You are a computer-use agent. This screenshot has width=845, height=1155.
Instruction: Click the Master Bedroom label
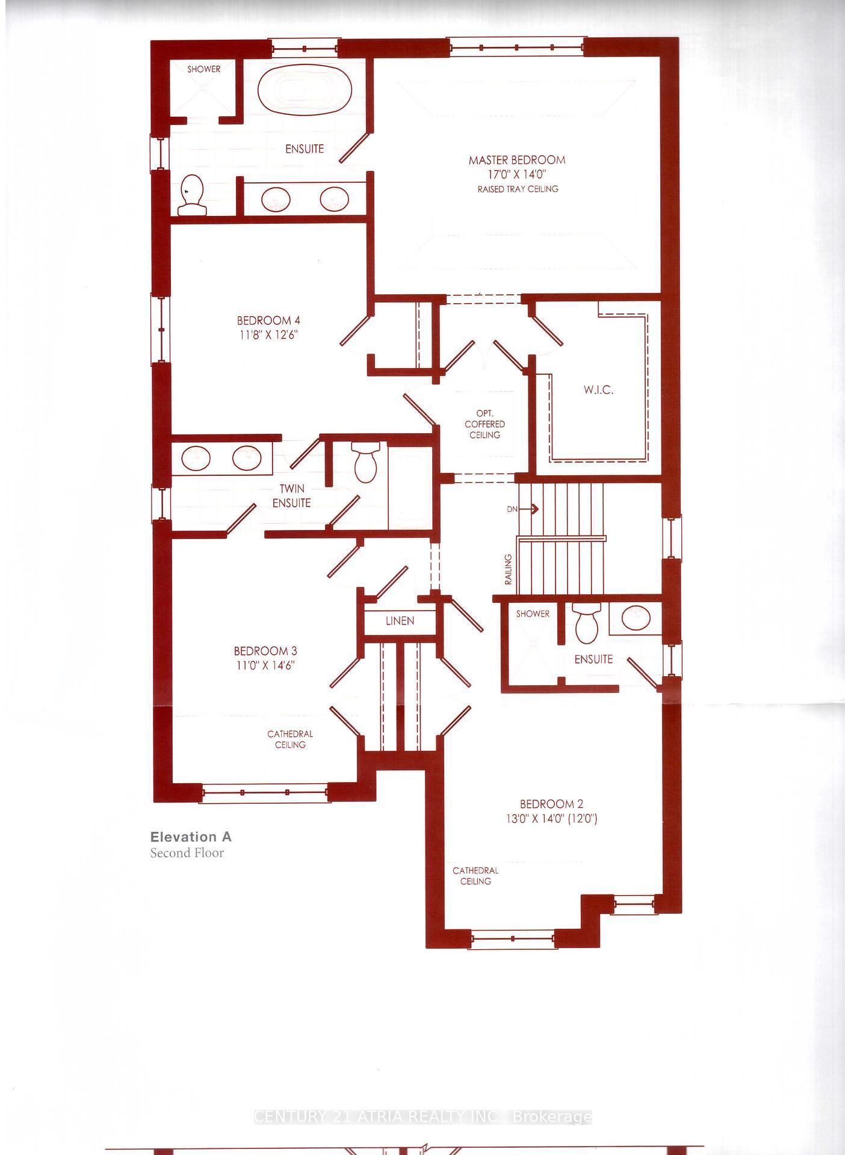(517, 160)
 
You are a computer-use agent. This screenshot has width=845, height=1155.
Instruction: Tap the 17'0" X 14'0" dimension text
(517, 174)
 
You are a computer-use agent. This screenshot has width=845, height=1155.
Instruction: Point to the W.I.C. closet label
(598, 390)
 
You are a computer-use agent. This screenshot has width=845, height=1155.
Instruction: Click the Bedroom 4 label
(268, 321)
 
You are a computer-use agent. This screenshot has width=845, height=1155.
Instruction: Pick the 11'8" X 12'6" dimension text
(268, 334)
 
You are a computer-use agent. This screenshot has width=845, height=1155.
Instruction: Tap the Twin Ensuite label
(292, 496)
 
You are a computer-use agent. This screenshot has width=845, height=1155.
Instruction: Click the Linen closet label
(400, 621)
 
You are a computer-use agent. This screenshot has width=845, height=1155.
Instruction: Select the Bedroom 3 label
(265, 651)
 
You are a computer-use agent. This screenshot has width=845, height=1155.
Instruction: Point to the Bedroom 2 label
(551, 804)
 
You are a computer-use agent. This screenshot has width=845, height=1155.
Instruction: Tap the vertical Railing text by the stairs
(509, 570)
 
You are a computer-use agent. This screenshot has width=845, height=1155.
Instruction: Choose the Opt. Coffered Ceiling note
(484, 424)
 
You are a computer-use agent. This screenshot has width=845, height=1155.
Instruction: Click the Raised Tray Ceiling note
(518, 189)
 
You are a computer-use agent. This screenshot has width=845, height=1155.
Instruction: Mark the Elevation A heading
(191, 837)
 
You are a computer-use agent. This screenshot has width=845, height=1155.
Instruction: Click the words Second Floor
(187, 853)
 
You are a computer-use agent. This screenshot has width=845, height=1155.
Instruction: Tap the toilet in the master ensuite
(193, 194)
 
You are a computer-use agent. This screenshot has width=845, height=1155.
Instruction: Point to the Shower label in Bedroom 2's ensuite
(533, 614)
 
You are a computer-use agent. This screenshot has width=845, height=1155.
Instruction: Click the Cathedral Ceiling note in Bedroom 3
(290, 739)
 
